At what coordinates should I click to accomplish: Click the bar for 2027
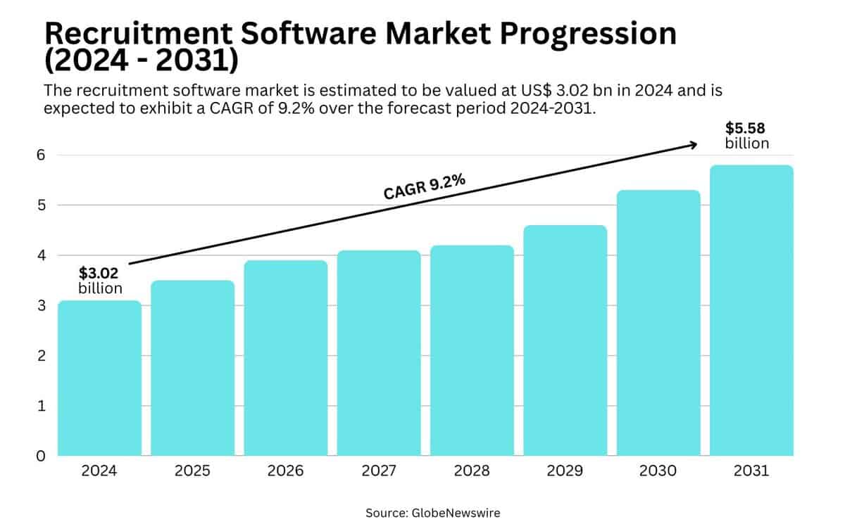379,352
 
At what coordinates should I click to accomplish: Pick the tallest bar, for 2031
751,310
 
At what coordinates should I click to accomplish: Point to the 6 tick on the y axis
41,155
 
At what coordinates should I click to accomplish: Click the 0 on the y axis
41,456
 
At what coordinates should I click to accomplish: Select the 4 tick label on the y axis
41,255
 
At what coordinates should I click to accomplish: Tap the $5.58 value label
746,129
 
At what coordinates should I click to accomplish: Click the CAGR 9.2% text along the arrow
424,187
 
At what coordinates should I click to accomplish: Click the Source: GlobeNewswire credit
432,513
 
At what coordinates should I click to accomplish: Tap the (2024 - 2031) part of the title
141,61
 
